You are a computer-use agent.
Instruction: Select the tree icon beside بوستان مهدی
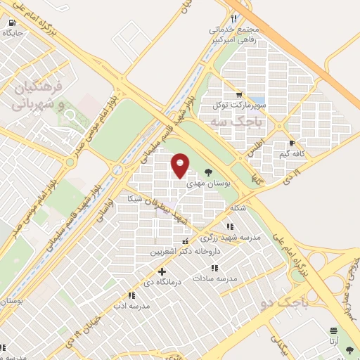tap(208, 171)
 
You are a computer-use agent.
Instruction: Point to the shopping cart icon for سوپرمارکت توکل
tap(240, 94)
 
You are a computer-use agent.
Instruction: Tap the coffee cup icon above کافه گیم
tap(292, 143)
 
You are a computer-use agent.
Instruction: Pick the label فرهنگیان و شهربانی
tap(39, 96)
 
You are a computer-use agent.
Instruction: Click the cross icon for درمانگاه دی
tap(162, 271)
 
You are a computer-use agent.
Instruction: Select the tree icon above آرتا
tap(333, 330)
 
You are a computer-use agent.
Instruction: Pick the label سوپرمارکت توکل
tap(226, 105)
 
